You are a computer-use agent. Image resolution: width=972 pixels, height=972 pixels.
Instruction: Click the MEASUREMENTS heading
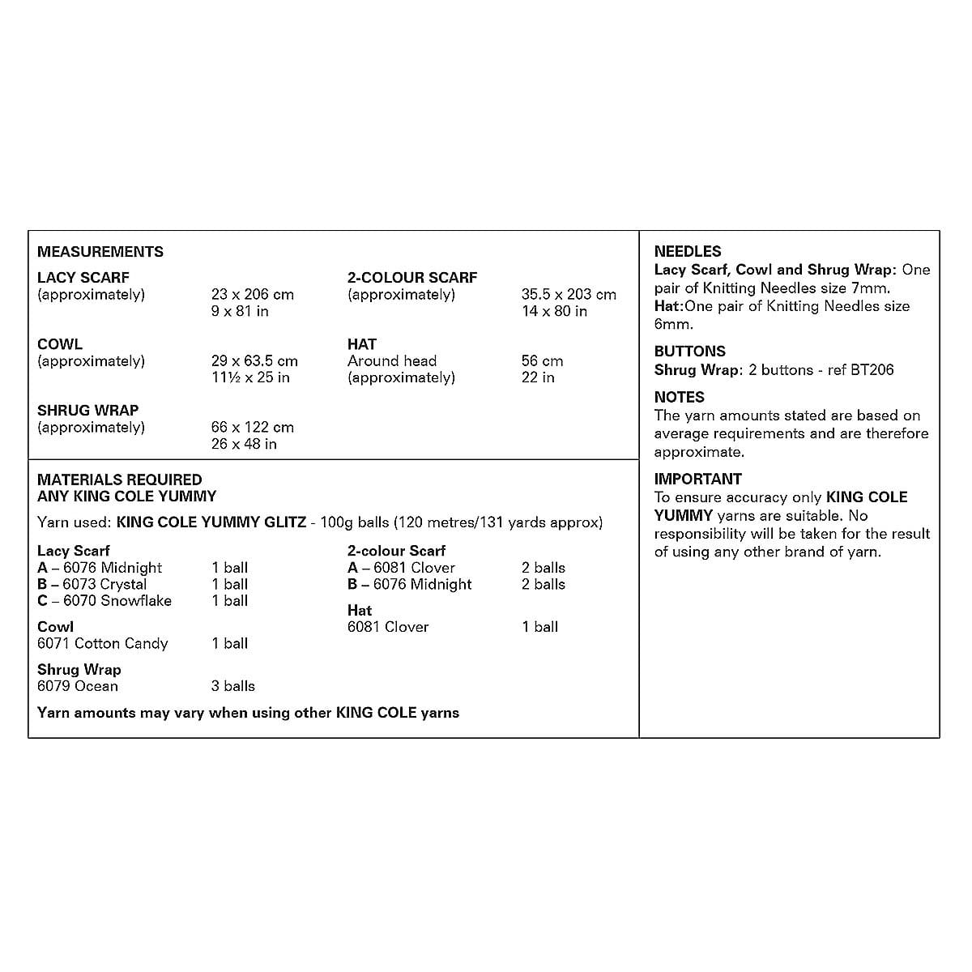[x=100, y=252]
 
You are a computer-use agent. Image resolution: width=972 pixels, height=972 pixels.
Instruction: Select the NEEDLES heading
[x=688, y=252]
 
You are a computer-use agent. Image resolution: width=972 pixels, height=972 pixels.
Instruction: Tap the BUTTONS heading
[x=690, y=352]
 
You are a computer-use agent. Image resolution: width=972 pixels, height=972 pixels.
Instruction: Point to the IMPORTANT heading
[x=698, y=479]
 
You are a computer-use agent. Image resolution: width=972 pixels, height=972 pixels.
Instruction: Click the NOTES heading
[x=680, y=397]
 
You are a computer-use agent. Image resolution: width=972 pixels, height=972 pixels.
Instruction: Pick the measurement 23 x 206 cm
[x=253, y=295]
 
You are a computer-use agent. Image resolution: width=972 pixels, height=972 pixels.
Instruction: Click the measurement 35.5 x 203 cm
[x=569, y=295]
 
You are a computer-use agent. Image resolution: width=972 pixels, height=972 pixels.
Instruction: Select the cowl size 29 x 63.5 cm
[x=254, y=361]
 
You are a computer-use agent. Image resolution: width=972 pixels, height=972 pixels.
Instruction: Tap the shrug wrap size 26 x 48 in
[x=244, y=444]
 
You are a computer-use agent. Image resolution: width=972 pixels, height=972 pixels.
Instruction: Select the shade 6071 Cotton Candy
[x=103, y=644]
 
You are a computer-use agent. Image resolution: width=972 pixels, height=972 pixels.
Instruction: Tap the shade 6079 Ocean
[x=78, y=686]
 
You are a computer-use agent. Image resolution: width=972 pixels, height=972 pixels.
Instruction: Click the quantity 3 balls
[x=233, y=686]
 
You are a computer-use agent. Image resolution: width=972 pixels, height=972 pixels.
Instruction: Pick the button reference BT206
[x=872, y=370]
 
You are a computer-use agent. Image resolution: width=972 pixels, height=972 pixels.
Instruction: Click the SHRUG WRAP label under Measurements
[x=87, y=411]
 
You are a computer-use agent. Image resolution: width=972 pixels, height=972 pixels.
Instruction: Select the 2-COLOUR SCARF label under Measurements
[x=412, y=278]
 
